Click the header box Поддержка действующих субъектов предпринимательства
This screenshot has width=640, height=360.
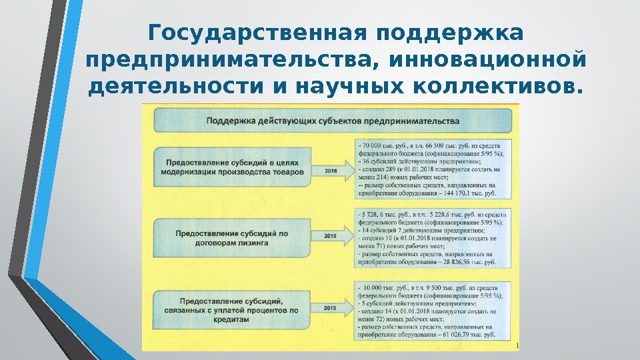[333, 121]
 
